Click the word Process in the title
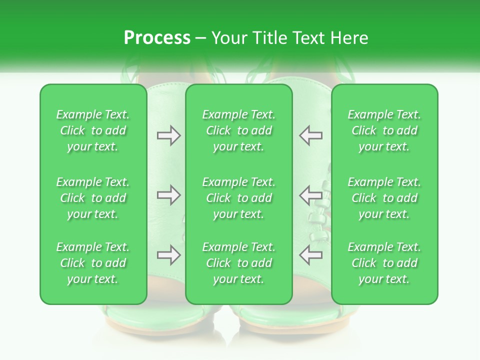(x=157, y=38)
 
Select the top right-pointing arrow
(x=168, y=135)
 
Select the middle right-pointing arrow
(x=168, y=195)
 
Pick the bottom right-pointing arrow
(x=168, y=255)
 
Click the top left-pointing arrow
(x=311, y=135)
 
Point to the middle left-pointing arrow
(x=311, y=195)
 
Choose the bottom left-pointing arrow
(x=311, y=255)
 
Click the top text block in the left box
(x=93, y=130)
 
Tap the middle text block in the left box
(x=93, y=198)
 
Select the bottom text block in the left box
(x=93, y=263)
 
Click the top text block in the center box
(x=239, y=130)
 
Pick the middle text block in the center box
(x=239, y=198)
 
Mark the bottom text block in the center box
(x=239, y=263)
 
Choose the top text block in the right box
(x=384, y=130)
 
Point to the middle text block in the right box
(x=384, y=198)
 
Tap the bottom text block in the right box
(x=384, y=263)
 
